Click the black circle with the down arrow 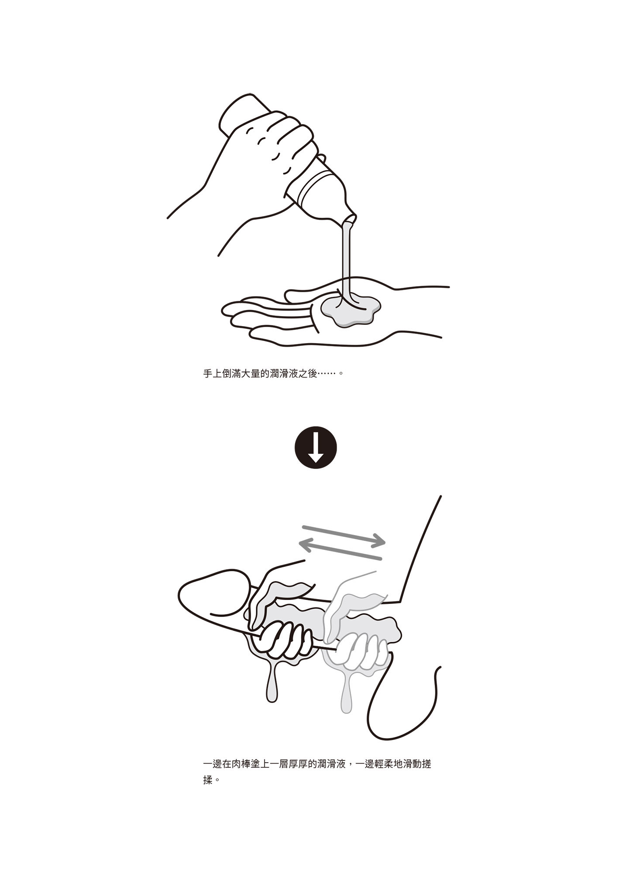click(316, 447)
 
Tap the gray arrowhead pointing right click(379, 541)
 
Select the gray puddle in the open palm click(351, 310)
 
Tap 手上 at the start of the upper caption click(213, 374)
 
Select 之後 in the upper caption click(308, 374)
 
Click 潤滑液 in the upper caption click(284, 374)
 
